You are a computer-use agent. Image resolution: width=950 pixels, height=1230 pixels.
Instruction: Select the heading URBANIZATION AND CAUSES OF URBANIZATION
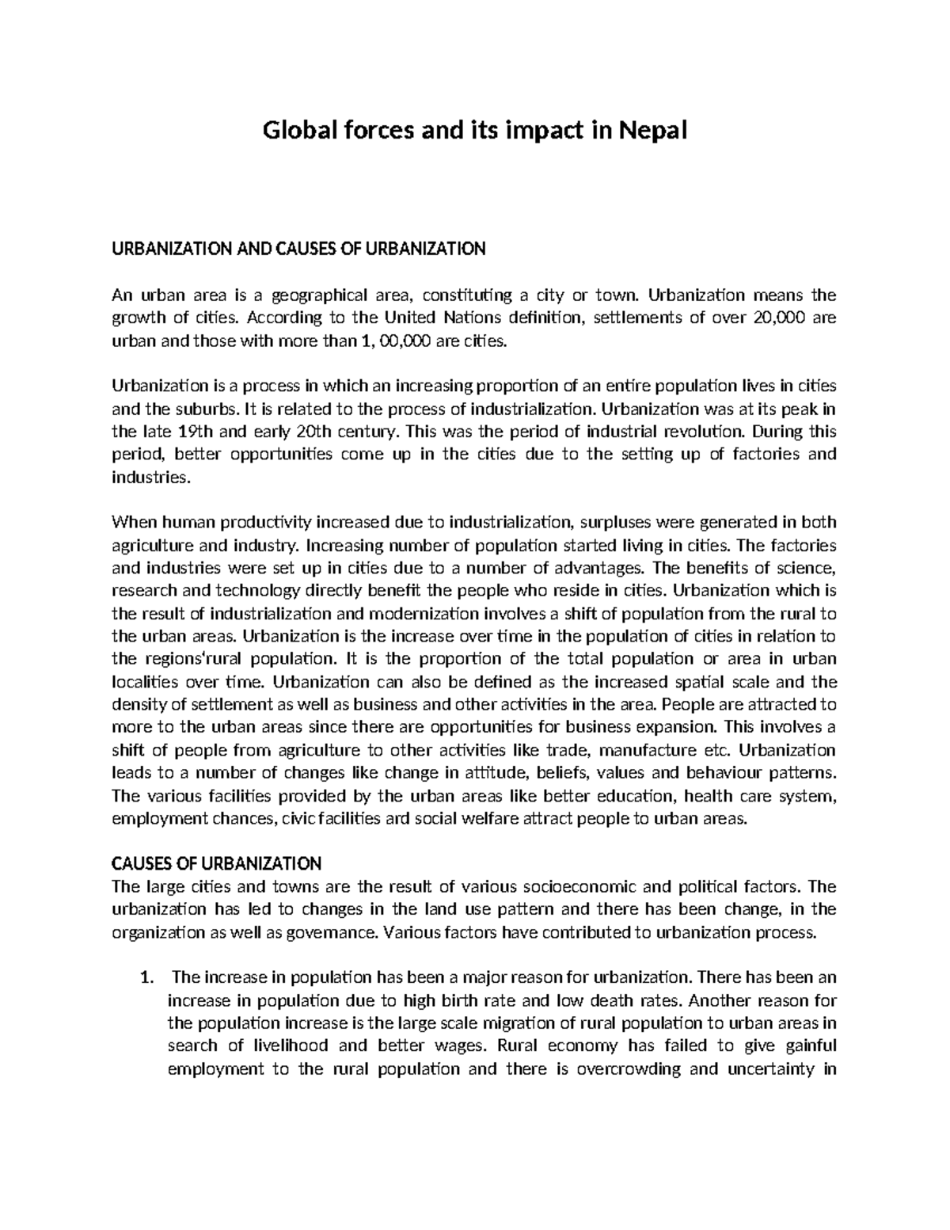coord(298,249)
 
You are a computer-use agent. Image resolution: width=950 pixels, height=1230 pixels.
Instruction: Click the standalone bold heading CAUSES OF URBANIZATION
coord(216,863)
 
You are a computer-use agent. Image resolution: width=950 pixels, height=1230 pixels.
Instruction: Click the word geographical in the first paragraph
coord(320,295)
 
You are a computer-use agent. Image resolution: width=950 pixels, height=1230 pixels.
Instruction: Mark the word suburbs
coord(208,409)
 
